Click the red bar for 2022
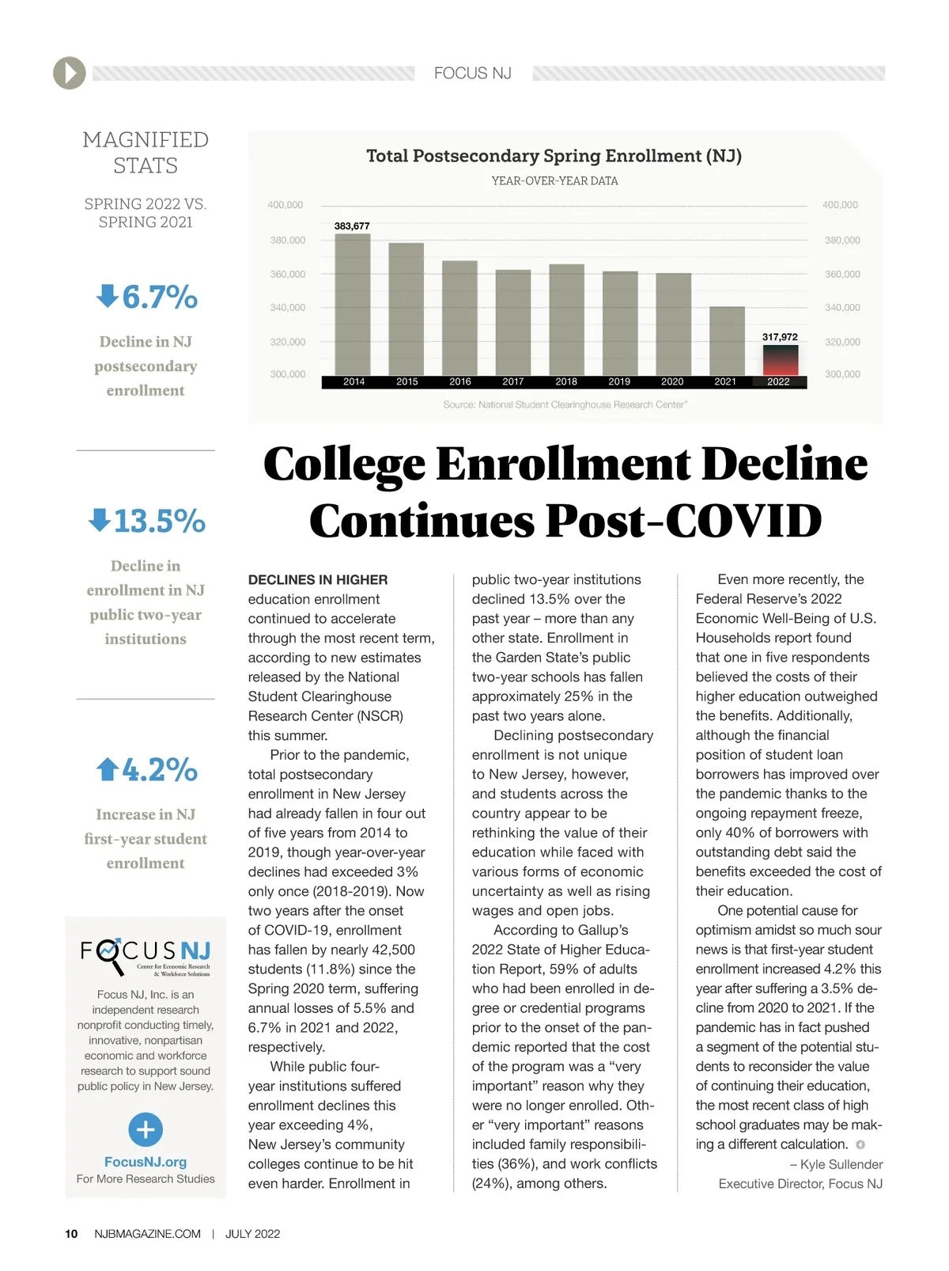tap(780, 361)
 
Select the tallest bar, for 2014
tap(353, 305)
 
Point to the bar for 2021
tap(727, 341)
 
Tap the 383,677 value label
tap(352, 226)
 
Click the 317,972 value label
tap(780, 337)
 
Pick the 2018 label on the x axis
tap(566, 382)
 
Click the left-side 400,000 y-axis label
tap(285, 205)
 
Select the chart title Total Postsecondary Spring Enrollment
tap(554, 156)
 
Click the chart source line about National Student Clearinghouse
tap(565, 405)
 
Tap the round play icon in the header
tap(70, 74)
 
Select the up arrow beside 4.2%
tap(107, 769)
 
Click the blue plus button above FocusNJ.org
tap(146, 1129)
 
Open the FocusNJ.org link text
tap(146, 1162)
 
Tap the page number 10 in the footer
tap(71, 1234)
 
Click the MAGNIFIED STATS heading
tap(146, 153)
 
